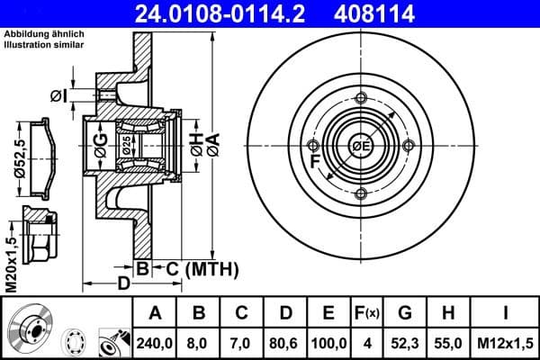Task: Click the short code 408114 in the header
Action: click(406, 13)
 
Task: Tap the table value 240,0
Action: click(155, 342)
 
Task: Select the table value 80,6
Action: click(285, 342)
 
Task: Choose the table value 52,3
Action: click(405, 342)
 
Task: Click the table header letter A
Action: click(155, 314)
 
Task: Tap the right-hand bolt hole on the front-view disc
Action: click(408, 146)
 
